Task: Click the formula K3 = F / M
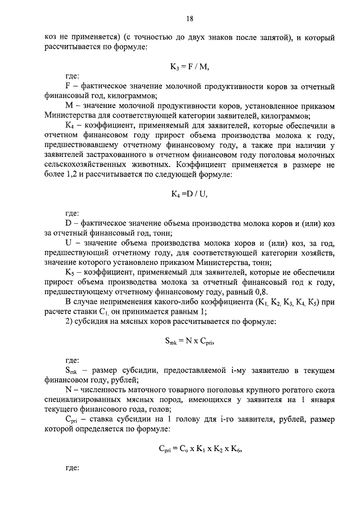click(190, 67)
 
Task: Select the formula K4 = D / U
click(190, 195)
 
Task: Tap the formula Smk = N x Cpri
click(190, 340)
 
